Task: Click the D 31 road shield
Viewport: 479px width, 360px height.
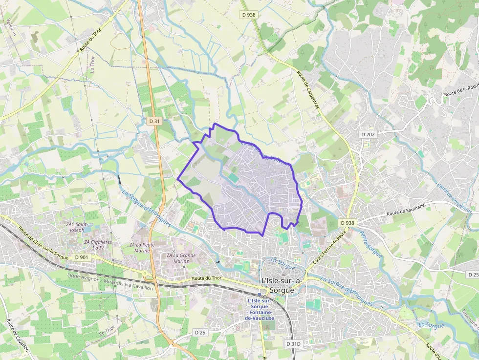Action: click(x=154, y=121)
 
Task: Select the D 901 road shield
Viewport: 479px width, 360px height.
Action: click(x=82, y=257)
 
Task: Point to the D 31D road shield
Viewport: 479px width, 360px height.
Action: click(x=293, y=344)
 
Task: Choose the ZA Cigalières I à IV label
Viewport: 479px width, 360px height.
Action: click(x=98, y=245)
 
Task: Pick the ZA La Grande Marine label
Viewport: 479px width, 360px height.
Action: click(x=181, y=257)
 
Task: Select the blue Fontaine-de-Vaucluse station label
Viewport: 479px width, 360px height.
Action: click(x=260, y=310)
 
